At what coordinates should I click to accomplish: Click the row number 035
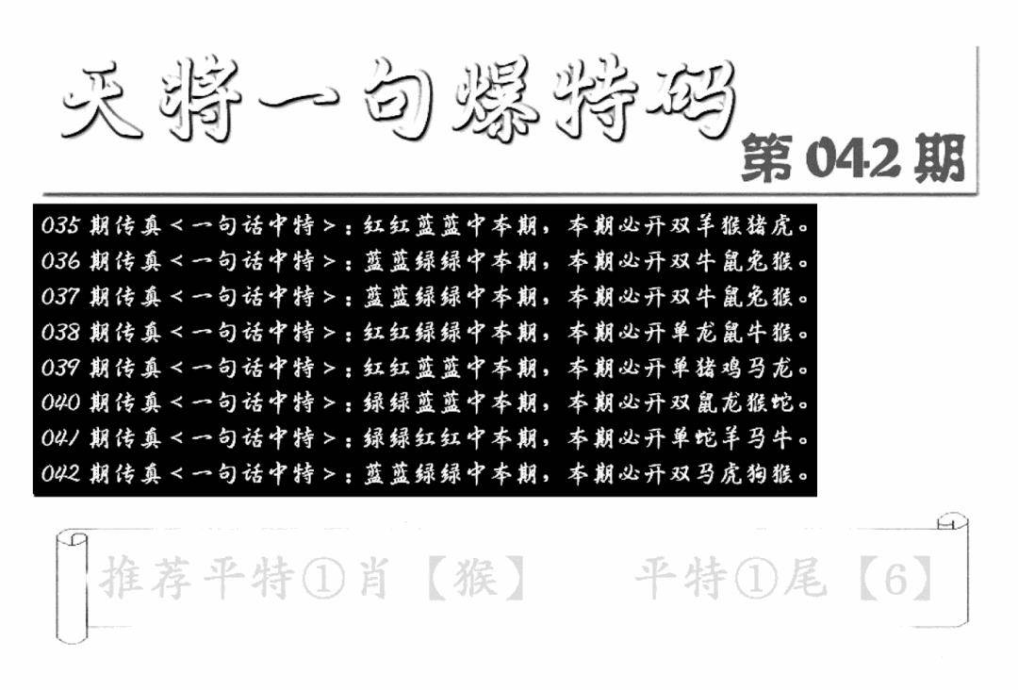click(x=60, y=225)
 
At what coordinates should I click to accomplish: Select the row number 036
click(x=60, y=261)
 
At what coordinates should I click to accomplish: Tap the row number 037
click(x=60, y=297)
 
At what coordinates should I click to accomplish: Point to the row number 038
click(x=60, y=333)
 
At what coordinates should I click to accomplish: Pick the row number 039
click(x=60, y=368)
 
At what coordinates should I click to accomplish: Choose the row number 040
click(x=60, y=402)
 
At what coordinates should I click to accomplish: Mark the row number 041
click(x=60, y=438)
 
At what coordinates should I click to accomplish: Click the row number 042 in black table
click(x=60, y=473)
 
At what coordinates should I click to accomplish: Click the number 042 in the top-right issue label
click(x=853, y=159)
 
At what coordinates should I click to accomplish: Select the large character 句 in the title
click(x=398, y=99)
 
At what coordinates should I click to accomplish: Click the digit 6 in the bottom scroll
click(x=896, y=579)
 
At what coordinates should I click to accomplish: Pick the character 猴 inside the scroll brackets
click(x=476, y=578)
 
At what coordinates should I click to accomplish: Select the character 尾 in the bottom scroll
click(x=805, y=578)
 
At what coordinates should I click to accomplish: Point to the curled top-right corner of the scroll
click(x=952, y=521)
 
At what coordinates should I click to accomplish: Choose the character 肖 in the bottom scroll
click(x=374, y=578)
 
